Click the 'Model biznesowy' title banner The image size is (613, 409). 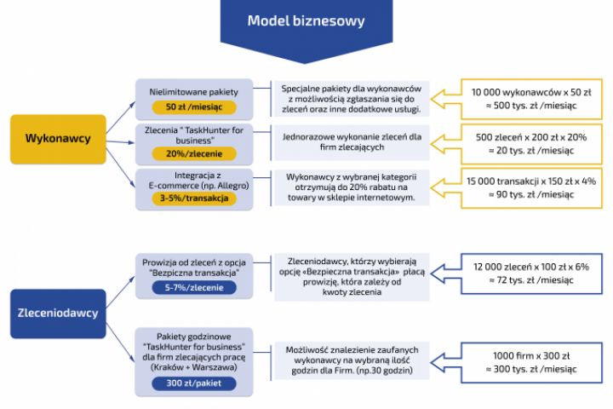307,20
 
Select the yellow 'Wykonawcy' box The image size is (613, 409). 58,138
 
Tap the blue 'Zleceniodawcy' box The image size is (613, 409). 58,313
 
